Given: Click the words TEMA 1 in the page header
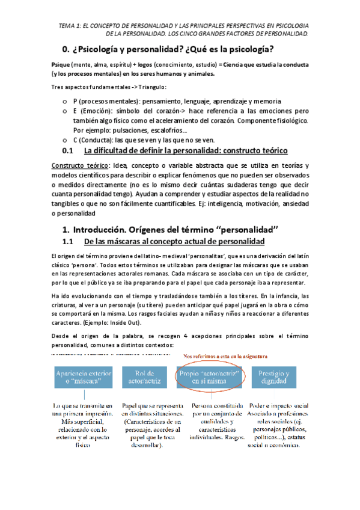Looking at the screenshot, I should (70, 26).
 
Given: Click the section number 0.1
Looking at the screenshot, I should (72, 150).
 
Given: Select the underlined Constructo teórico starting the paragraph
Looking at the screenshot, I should (75, 166).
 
